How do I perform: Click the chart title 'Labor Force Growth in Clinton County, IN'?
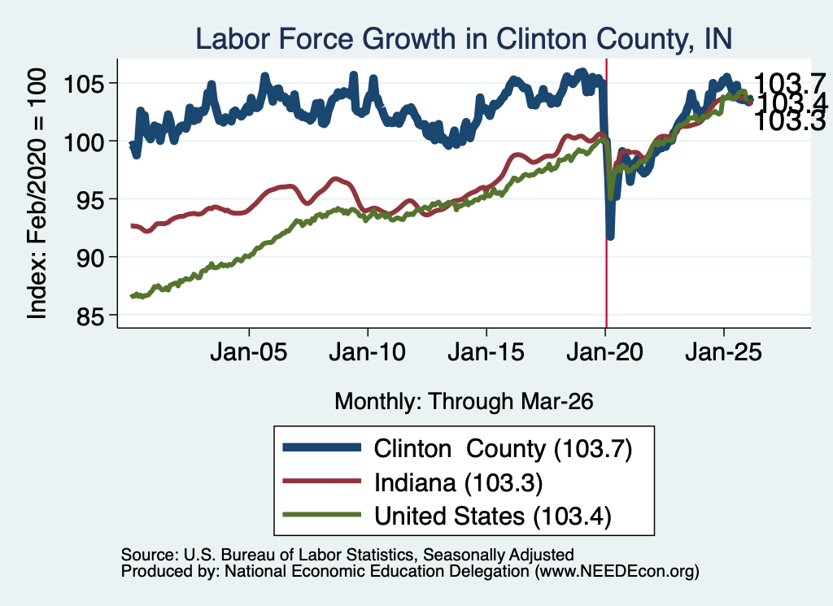click(x=464, y=39)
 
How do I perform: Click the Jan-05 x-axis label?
click(x=249, y=352)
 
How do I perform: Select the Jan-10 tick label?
click(x=367, y=352)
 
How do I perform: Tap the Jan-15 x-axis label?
click(x=486, y=352)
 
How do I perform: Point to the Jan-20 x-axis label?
click(x=604, y=352)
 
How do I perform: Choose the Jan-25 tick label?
click(x=723, y=352)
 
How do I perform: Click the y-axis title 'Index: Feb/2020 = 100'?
click(x=37, y=194)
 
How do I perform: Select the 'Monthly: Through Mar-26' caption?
click(x=464, y=402)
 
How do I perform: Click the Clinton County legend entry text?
click(x=503, y=449)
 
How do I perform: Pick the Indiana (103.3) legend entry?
click(x=459, y=483)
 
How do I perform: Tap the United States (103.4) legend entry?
click(x=492, y=517)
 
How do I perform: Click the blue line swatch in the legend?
click(x=322, y=447)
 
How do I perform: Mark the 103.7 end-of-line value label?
click(x=789, y=84)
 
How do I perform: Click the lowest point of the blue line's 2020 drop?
click(x=610, y=237)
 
